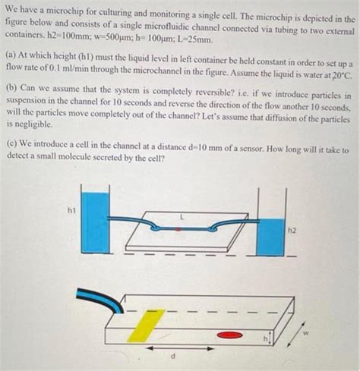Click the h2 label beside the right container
[292, 228]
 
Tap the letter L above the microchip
[180, 217]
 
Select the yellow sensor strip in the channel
[146, 325]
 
